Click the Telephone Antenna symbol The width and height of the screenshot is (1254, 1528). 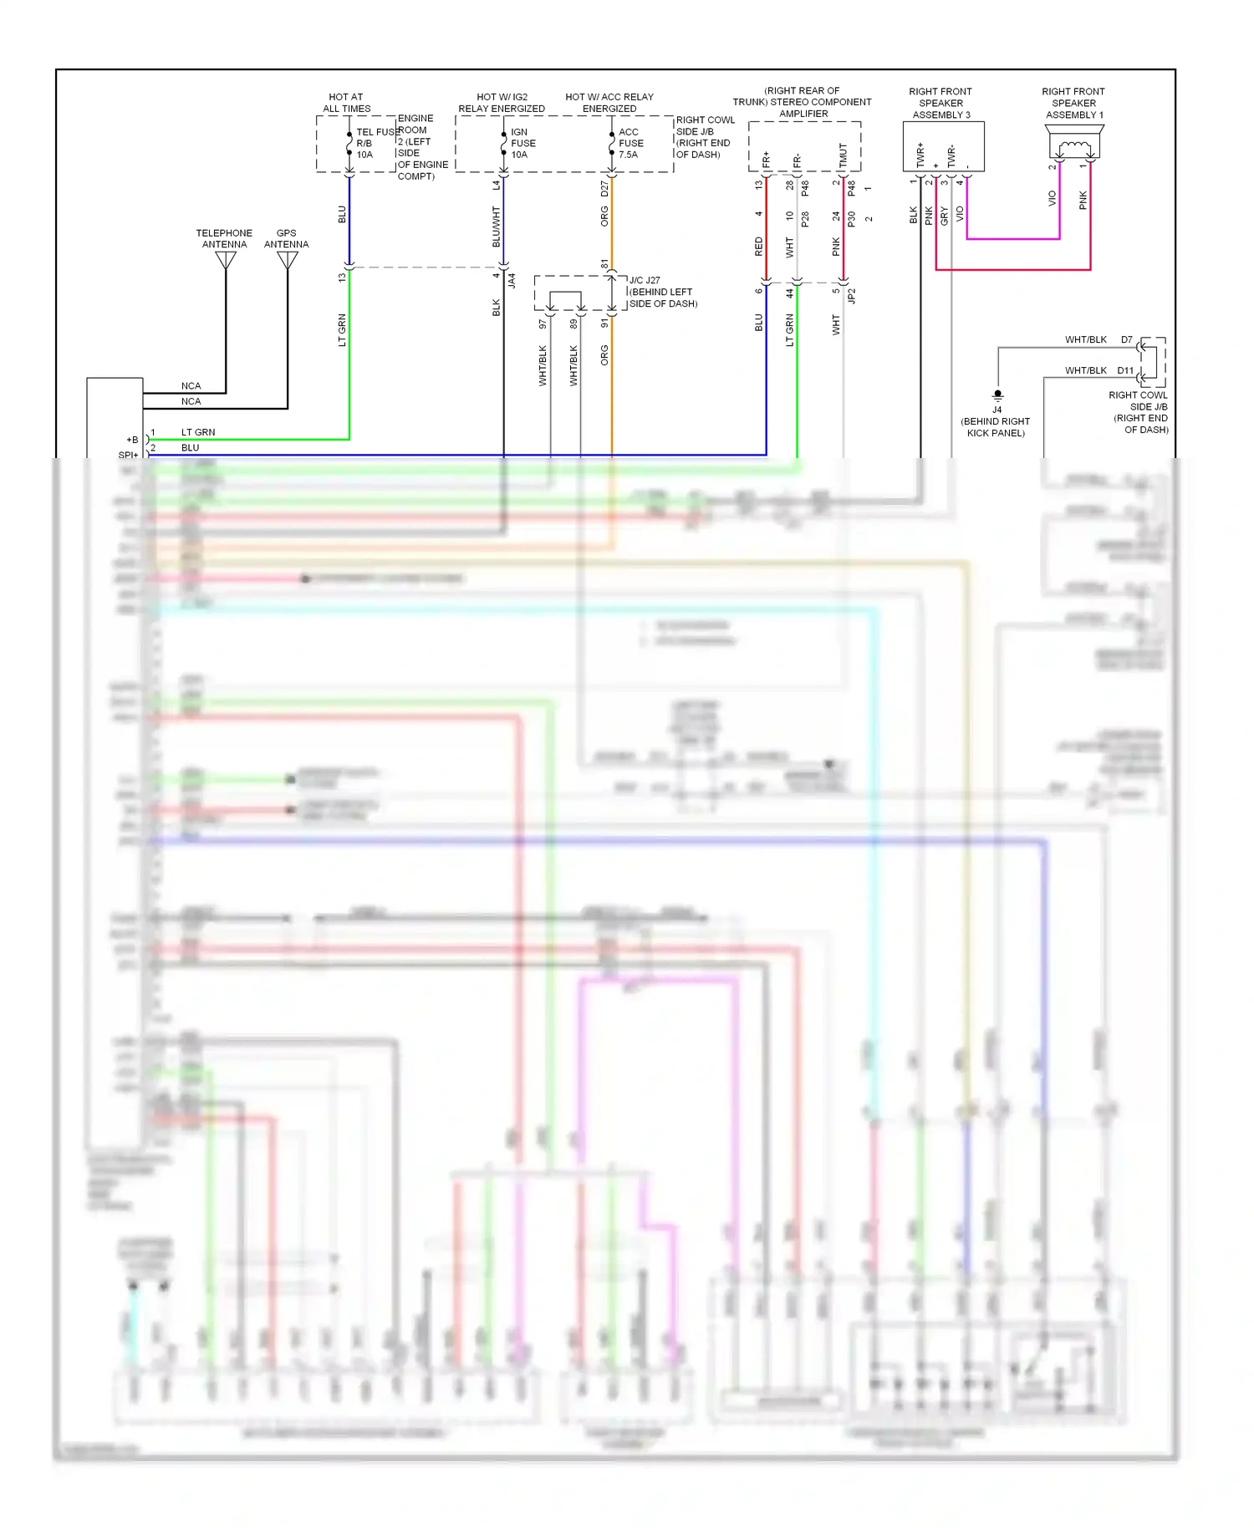[226, 260]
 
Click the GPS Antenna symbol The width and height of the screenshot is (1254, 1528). [288, 260]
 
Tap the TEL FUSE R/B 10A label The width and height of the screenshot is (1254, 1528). [372, 143]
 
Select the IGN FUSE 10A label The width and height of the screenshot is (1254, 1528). [523, 143]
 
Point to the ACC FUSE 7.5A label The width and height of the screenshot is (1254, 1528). [630, 143]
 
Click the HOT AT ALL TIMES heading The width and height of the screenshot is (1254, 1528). [346, 103]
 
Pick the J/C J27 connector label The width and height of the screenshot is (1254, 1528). [645, 280]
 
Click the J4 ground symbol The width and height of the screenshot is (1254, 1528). [997, 395]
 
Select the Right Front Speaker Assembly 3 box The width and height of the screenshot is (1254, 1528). [943, 146]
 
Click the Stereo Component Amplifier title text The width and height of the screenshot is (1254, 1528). [803, 102]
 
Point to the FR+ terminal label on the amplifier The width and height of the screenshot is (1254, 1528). [767, 159]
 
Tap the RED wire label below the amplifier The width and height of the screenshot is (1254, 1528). [759, 246]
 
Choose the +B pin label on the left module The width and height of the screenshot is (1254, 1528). [132, 440]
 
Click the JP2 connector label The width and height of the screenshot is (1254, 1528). [852, 295]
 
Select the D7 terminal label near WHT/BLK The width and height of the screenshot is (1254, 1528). [1127, 339]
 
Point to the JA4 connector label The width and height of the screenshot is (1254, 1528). [512, 280]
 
